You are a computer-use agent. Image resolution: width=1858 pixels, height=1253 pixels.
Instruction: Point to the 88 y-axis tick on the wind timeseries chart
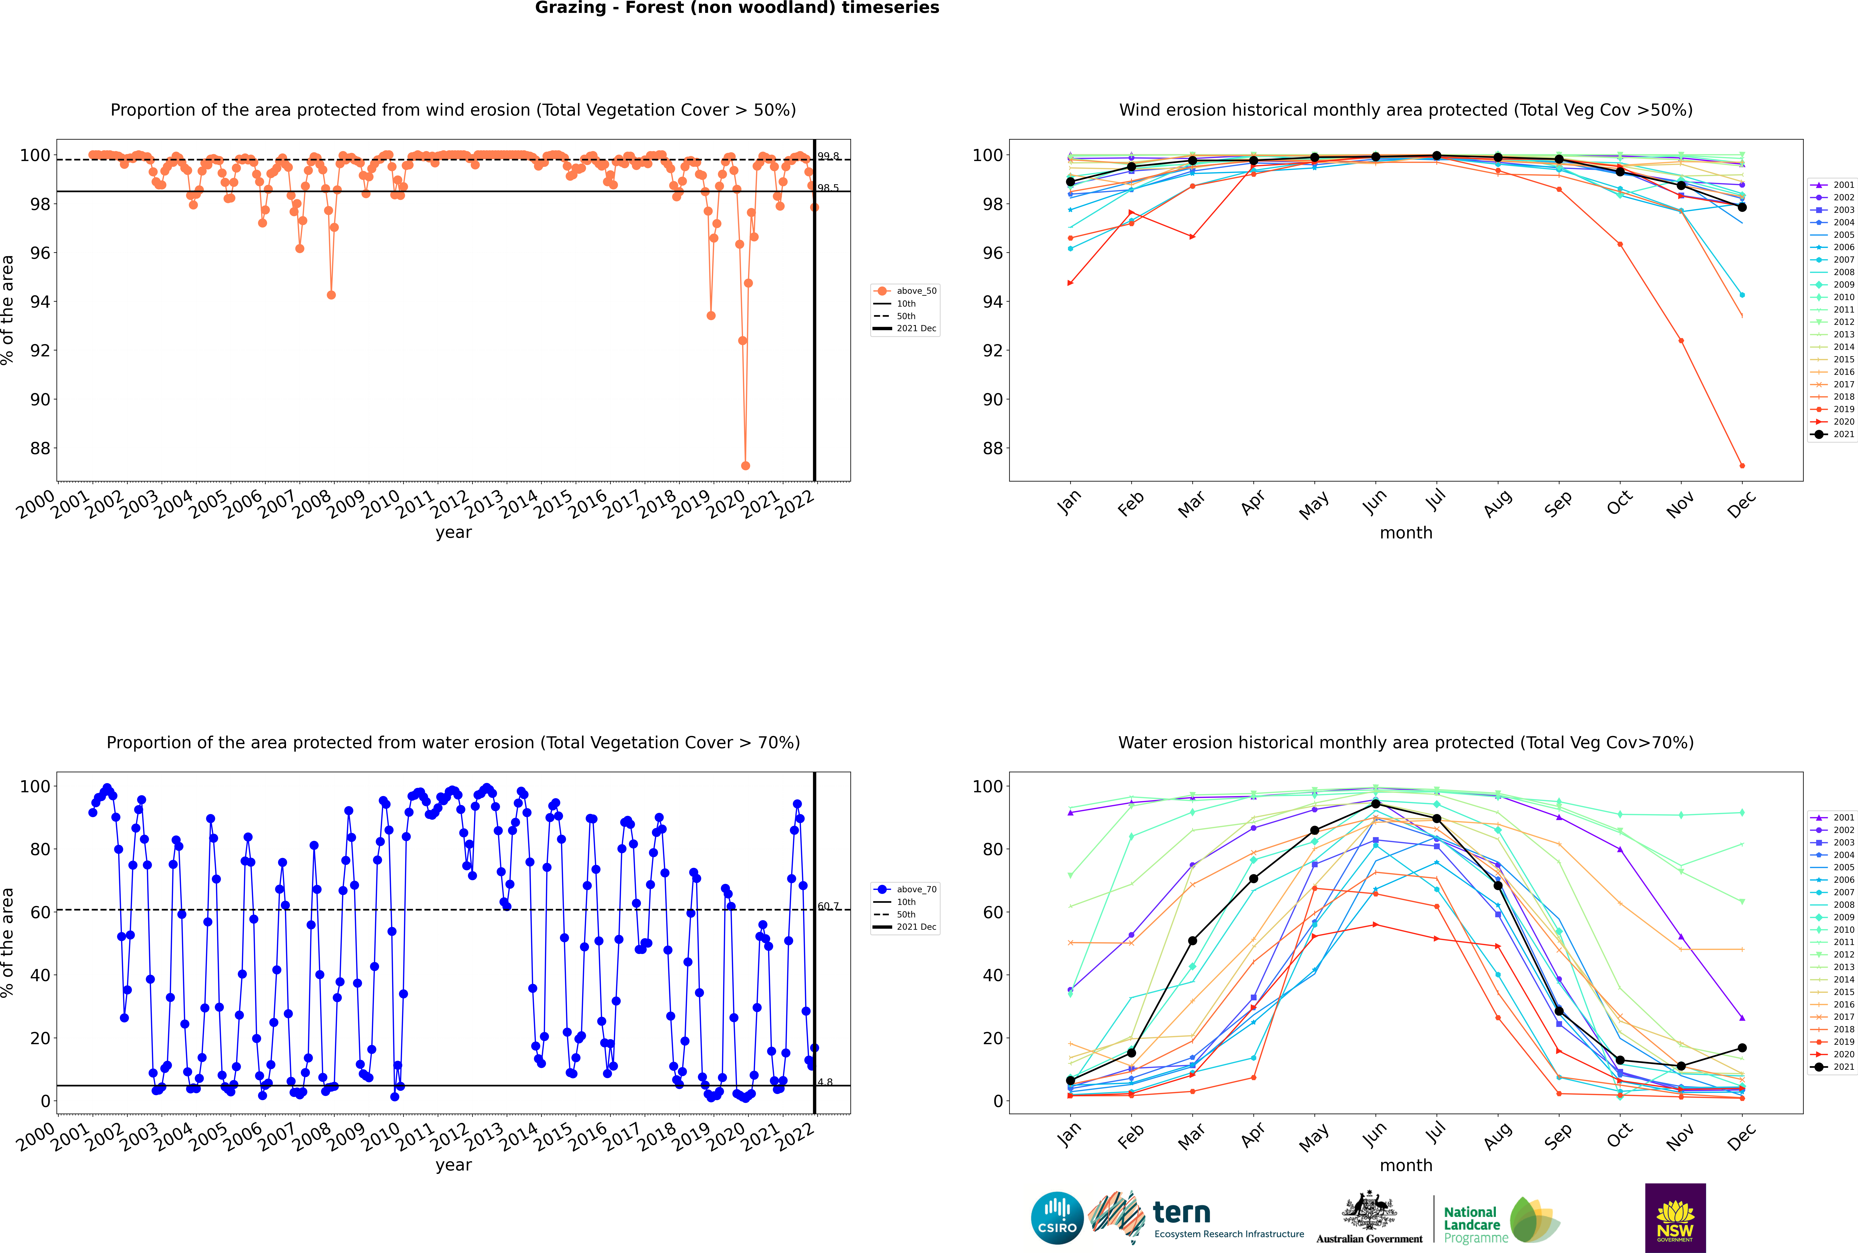[40, 448]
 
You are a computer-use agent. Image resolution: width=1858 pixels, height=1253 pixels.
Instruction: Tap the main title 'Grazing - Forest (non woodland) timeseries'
[736, 8]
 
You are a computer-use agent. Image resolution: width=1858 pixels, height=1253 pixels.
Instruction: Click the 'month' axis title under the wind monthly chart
[1406, 533]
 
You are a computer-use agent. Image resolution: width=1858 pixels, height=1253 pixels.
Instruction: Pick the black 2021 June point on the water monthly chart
[1376, 804]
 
